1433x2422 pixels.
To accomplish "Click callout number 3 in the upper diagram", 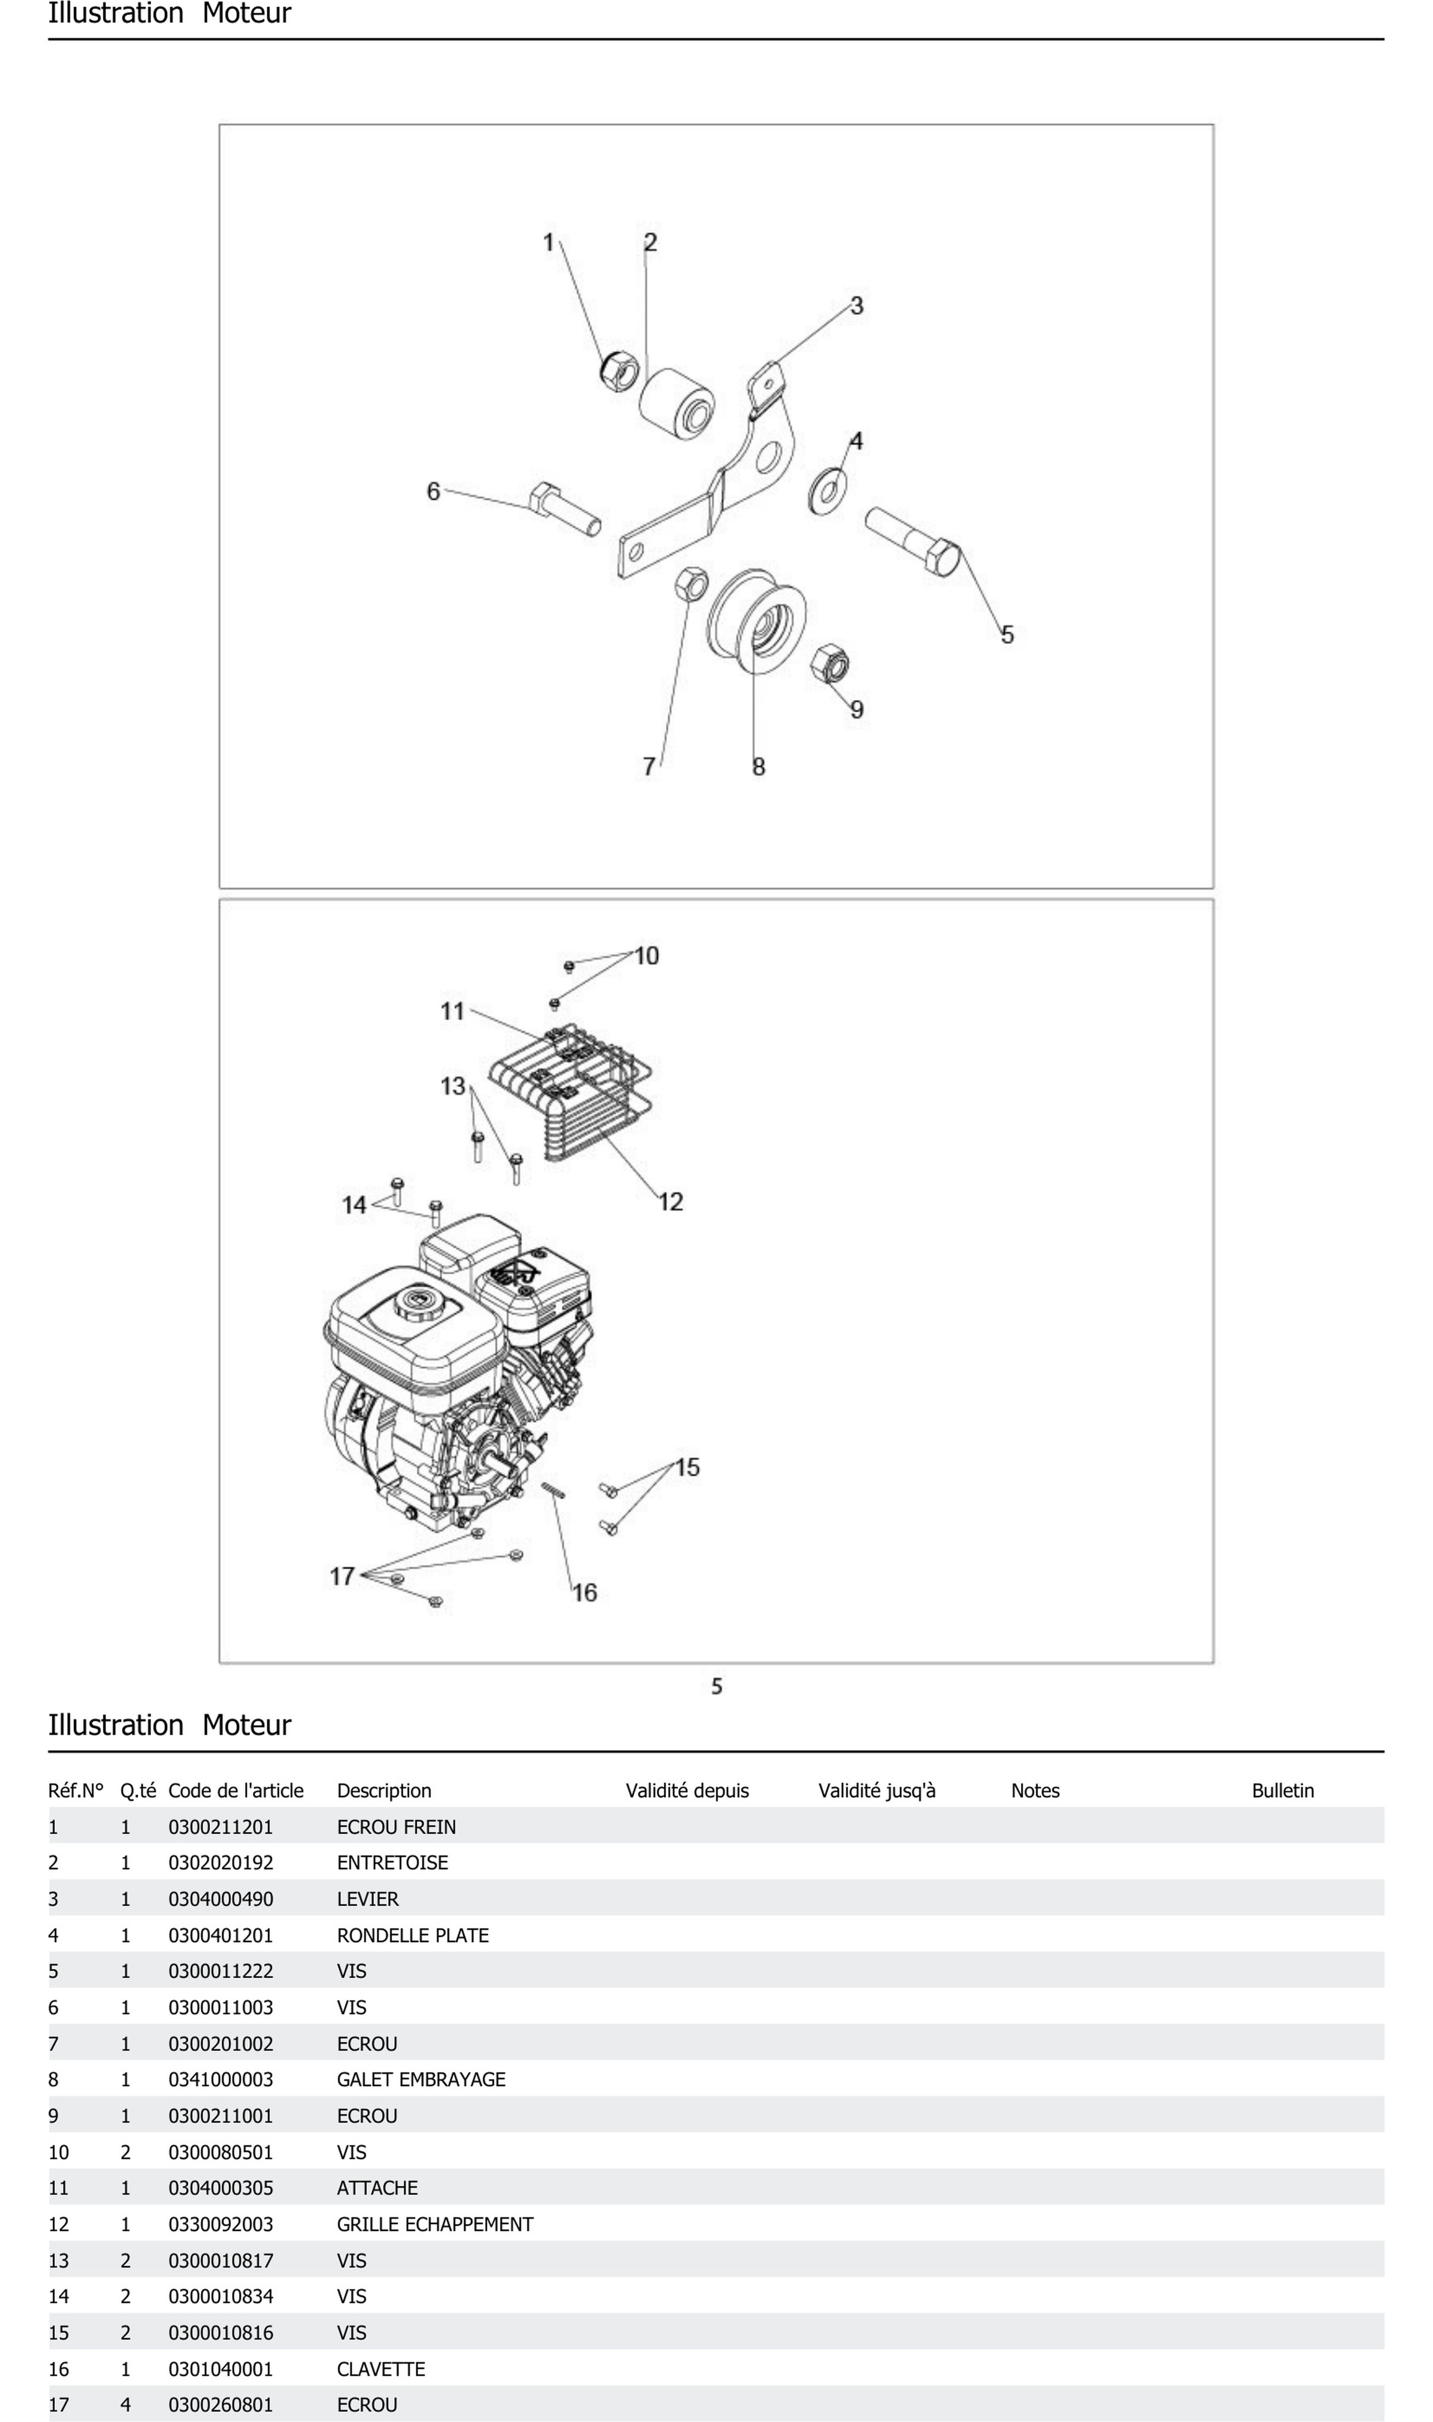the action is click(856, 306).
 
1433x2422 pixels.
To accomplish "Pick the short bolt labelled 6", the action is click(565, 508).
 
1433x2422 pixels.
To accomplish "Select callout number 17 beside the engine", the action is click(343, 1577).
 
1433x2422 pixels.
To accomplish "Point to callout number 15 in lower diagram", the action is click(687, 1467).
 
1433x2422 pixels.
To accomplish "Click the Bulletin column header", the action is click(1282, 1790).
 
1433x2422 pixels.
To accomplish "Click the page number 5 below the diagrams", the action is click(716, 1686).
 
